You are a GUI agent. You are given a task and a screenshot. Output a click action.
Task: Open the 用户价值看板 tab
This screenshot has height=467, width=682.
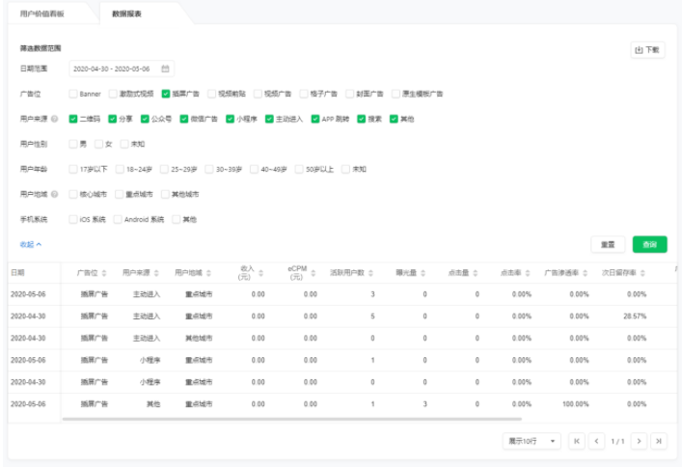pos(49,14)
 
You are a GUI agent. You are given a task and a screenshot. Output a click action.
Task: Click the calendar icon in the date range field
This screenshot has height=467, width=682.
pos(165,69)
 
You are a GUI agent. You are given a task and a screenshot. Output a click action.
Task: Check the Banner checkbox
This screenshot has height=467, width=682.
pos(73,94)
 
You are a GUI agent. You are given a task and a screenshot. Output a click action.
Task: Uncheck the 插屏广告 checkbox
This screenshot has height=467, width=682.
pos(166,94)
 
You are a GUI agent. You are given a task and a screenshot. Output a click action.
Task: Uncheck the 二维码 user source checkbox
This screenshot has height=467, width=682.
pos(73,119)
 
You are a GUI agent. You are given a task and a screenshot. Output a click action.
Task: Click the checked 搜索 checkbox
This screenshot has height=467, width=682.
pos(362,119)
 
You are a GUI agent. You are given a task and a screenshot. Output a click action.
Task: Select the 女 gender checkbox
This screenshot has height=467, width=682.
pos(99,144)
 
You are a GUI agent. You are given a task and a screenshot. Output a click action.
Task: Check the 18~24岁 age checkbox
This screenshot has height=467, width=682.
pos(120,169)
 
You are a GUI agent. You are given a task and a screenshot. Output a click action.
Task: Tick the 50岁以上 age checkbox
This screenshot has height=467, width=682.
pos(299,169)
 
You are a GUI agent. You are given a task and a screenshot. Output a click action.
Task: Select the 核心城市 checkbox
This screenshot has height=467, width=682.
pos(73,194)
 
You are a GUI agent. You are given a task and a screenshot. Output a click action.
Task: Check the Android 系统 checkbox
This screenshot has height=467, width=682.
pos(120,219)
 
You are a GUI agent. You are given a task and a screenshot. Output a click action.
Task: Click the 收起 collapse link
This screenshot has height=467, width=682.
pos(31,244)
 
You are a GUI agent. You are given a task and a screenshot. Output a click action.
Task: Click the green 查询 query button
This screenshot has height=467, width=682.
pos(649,244)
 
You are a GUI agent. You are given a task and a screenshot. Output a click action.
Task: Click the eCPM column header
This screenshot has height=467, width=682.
pos(297,273)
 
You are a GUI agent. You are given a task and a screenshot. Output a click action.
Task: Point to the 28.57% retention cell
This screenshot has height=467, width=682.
pos(632,316)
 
